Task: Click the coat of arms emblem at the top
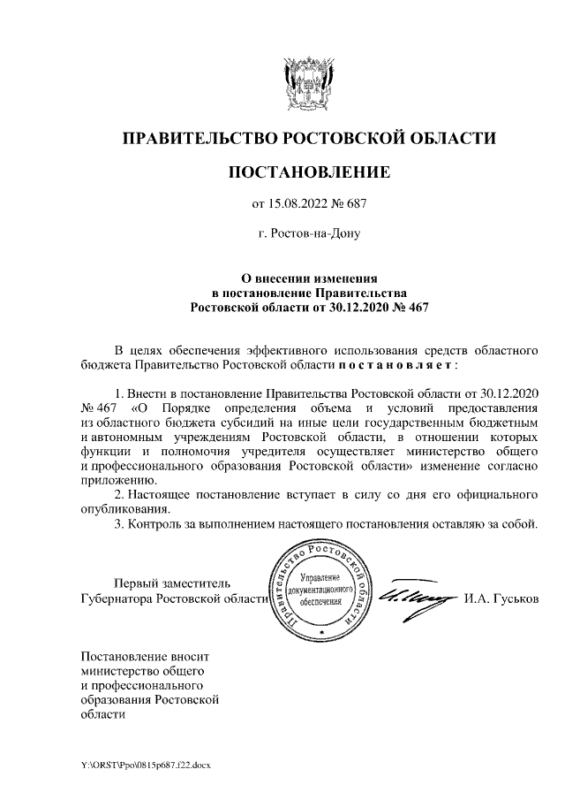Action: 309,86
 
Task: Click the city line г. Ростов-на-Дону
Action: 309,234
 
